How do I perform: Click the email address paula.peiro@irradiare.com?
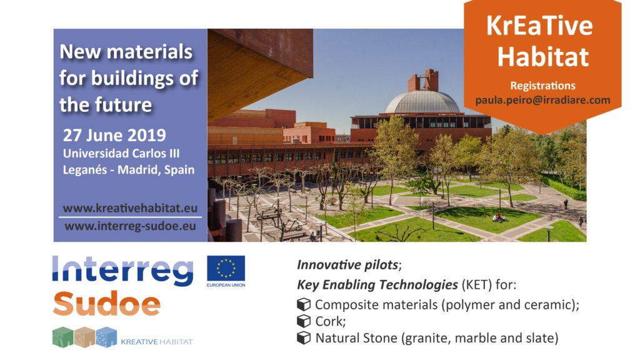[542, 101]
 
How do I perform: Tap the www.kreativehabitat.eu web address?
[130, 208]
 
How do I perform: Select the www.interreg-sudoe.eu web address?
[130, 226]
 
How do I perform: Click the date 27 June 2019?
[114, 136]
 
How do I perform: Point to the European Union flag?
[226, 268]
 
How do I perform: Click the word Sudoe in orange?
[106, 303]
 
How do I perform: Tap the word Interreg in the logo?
[123, 271]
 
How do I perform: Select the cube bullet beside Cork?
[304, 321]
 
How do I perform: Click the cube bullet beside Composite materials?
[304, 304]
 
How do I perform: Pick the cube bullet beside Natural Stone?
[304, 338]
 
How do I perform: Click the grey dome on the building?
[422, 102]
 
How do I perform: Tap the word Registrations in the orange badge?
[542, 86]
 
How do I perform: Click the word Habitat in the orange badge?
[543, 56]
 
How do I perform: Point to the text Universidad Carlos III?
[121, 154]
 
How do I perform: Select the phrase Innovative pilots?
[347, 265]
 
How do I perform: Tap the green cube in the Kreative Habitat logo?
[63, 337]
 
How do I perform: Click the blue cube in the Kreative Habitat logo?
[106, 337]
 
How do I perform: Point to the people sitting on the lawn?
[499, 218]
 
